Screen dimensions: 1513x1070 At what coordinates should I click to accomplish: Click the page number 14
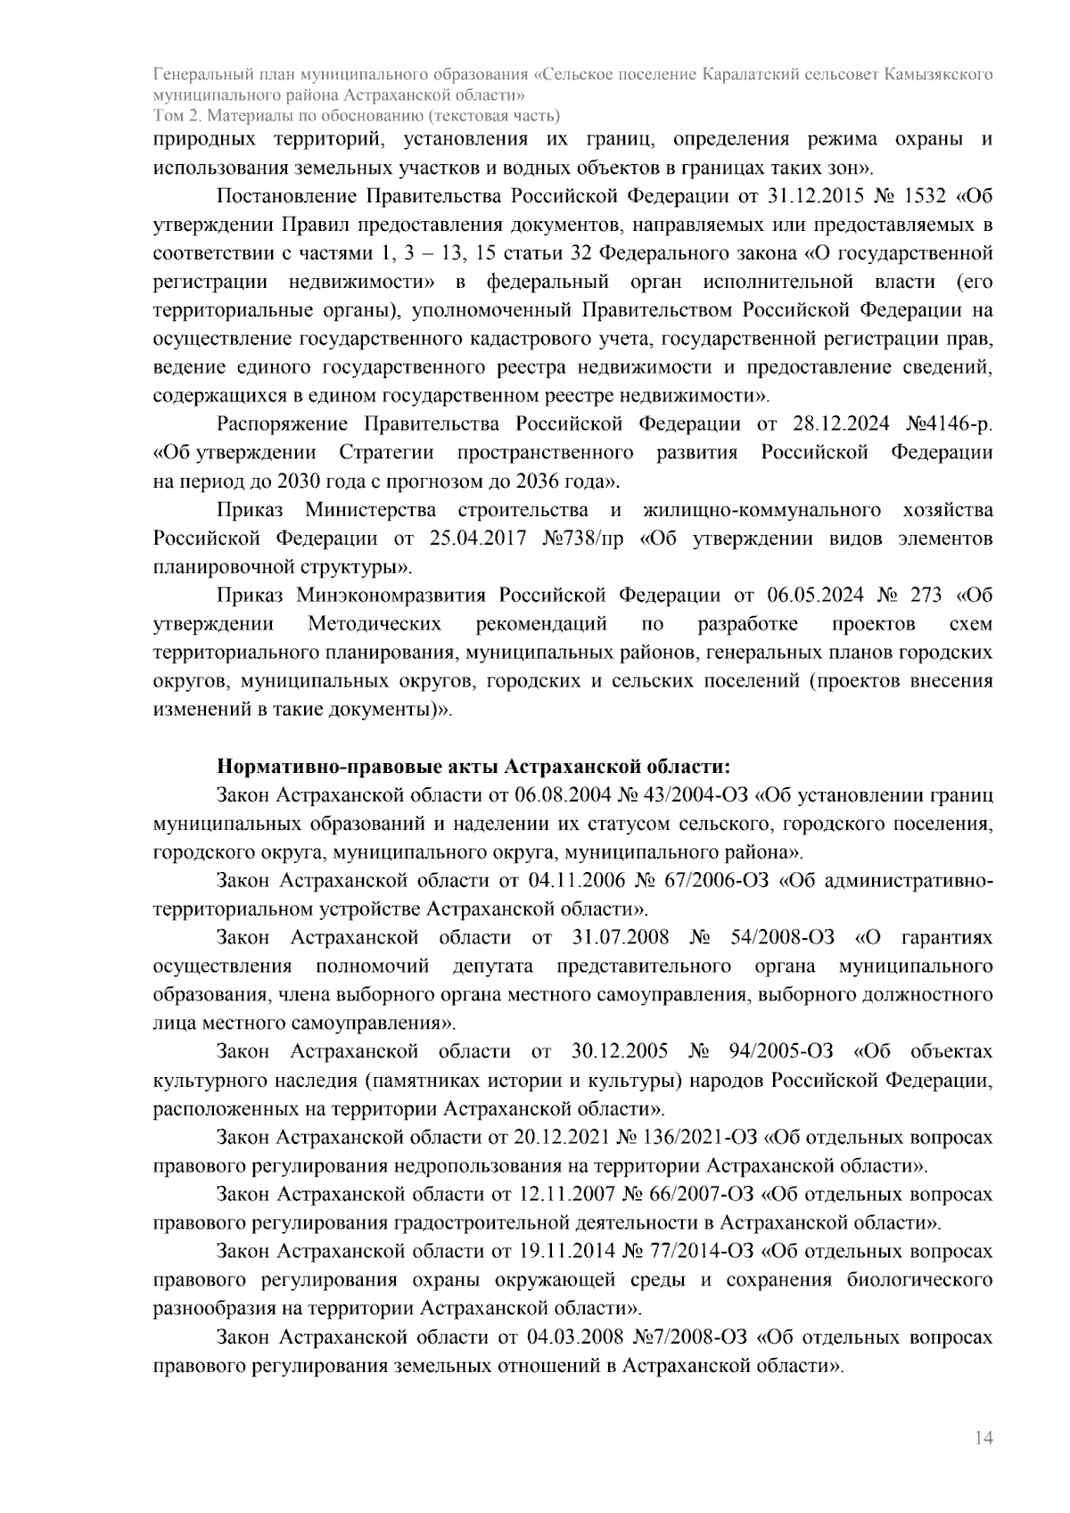click(984, 1438)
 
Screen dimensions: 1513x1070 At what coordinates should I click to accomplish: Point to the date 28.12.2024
click(840, 423)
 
